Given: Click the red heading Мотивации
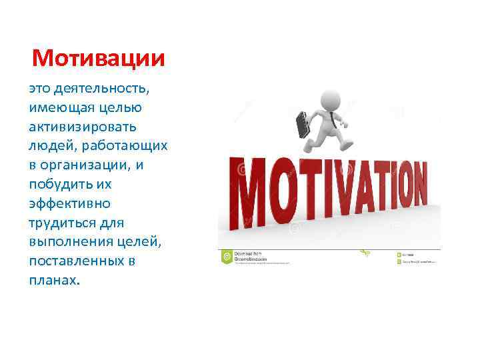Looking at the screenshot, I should click(x=98, y=59).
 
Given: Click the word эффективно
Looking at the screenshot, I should click(x=69, y=203).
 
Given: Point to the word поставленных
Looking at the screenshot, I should click(x=75, y=261).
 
